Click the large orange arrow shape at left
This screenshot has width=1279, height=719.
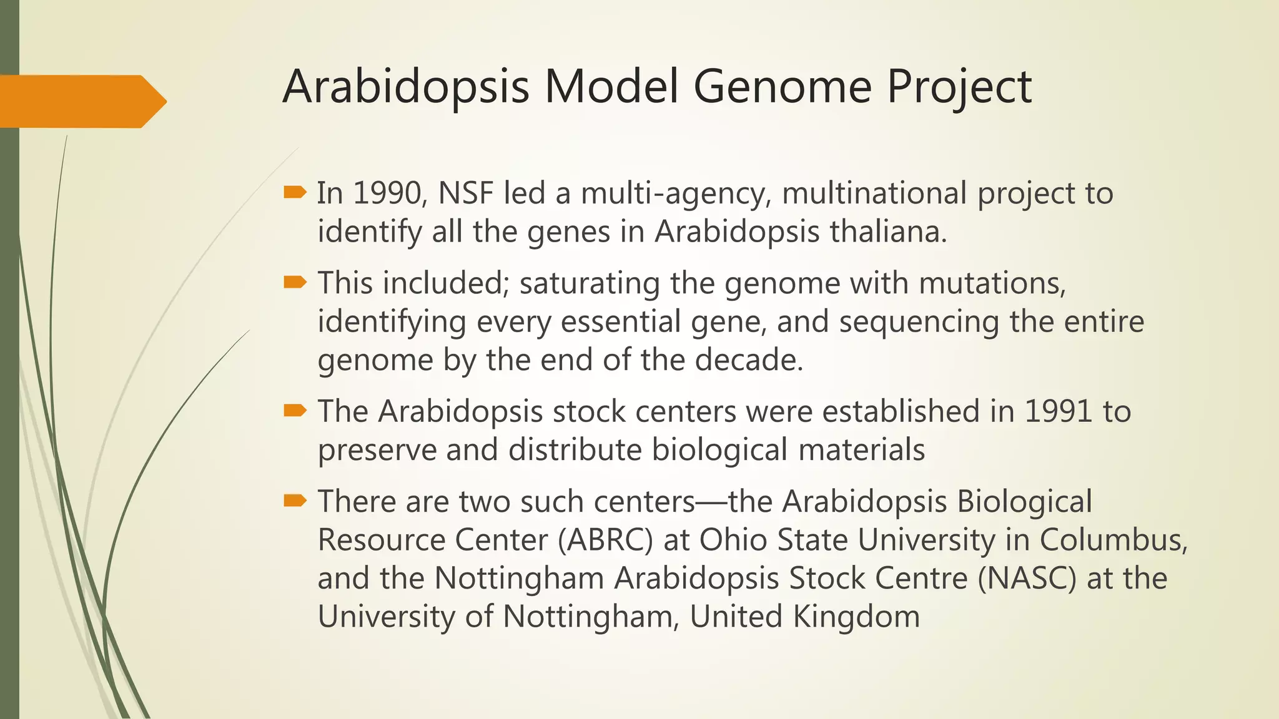81,101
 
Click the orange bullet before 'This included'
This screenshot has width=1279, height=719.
295,283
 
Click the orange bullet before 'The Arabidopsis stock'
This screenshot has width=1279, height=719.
295,411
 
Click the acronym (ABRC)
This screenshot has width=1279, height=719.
605,540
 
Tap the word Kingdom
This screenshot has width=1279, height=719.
856,617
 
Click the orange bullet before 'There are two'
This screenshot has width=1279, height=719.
295,501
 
